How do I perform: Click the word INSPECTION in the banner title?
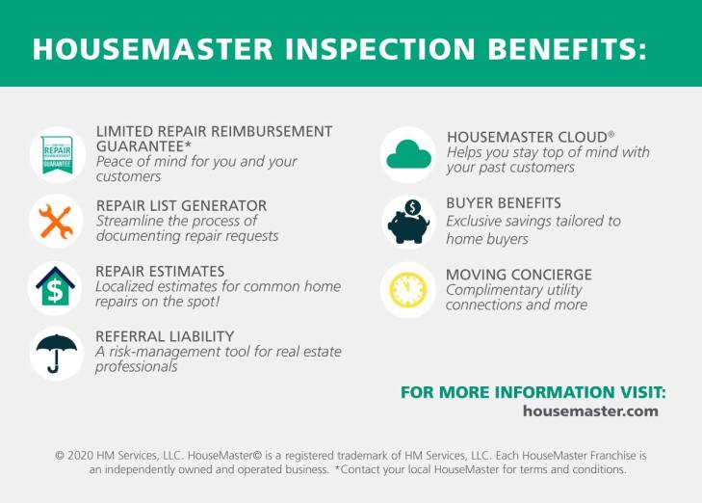pyautogui.click(x=379, y=48)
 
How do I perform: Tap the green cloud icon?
pyautogui.click(x=408, y=154)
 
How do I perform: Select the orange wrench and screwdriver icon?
pyautogui.click(x=56, y=222)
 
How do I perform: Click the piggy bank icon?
pyautogui.click(x=408, y=222)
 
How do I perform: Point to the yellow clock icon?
pyautogui.click(x=408, y=290)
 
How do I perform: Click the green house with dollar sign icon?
pyautogui.click(x=56, y=286)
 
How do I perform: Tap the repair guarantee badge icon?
pyautogui.click(x=58, y=154)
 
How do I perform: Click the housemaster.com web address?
pyautogui.click(x=590, y=411)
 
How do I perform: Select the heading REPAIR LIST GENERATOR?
pyautogui.click(x=181, y=205)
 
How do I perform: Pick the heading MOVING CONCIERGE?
pyautogui.click(x=519, y=274)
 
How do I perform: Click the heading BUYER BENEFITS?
pyautogui.click(x=504, y=203)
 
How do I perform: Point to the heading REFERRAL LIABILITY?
pyautogui.click(x=165, y=336)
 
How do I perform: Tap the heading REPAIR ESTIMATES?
pyautogui.click(x=160, y=271)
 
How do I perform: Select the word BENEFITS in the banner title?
pyautogui.click(x=567, y=48)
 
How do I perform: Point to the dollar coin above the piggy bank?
pyautogui.click(x=412, y=207)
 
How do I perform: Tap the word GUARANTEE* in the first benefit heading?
pyautogui.click(x=143, y=146)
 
